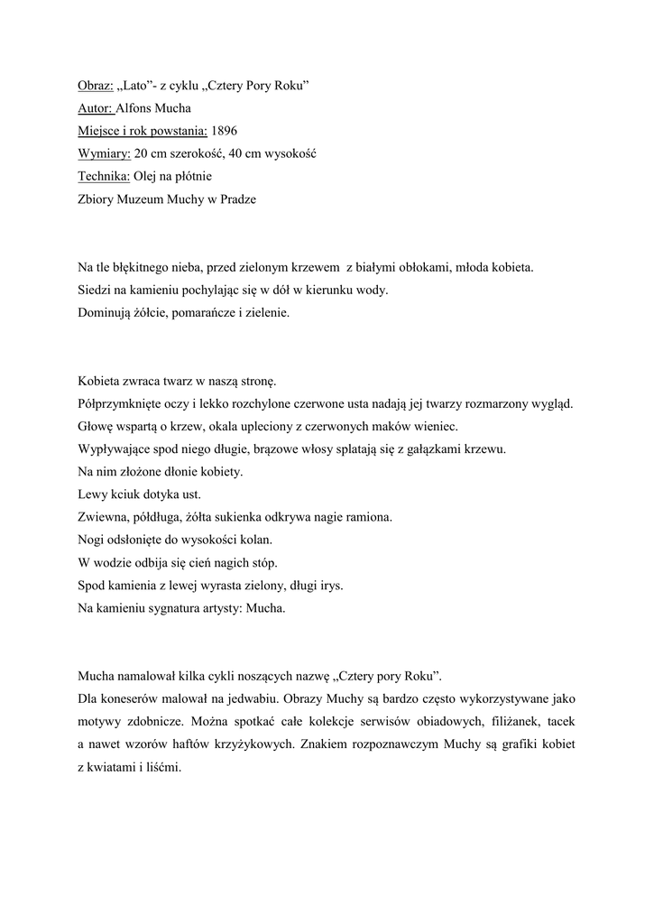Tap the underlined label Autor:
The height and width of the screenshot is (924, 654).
pyautogui.click(x=96, y=108)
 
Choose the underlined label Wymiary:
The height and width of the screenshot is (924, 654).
pyautogui.click(x=103, y=153)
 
